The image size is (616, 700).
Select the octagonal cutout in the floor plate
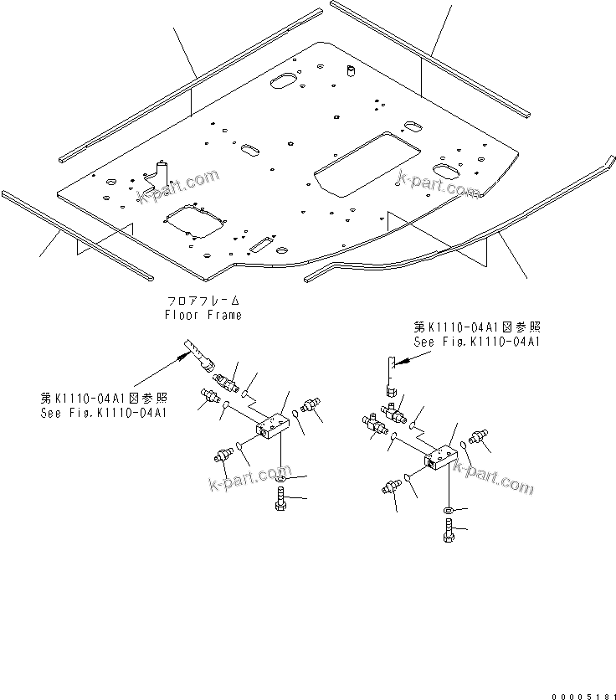pyautogui.click(x=194, y=224)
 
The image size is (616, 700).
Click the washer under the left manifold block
pyautogui.click(x=280, y=478)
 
